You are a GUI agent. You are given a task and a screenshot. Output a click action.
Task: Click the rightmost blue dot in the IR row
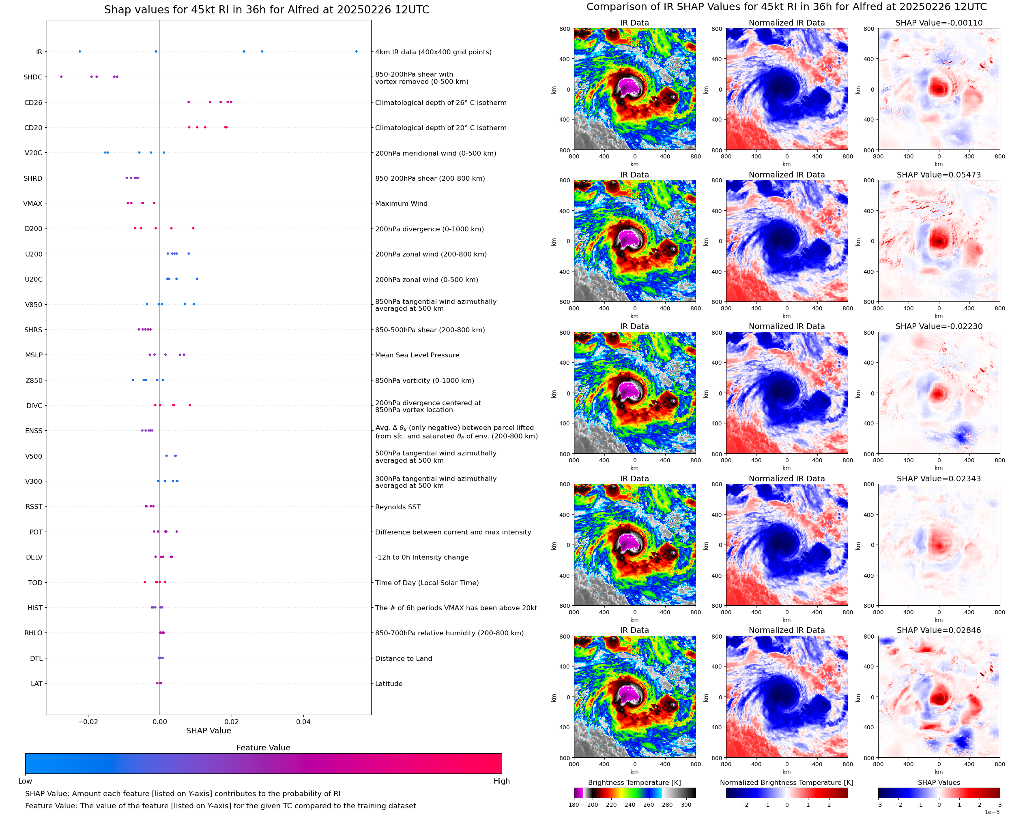point(356,51)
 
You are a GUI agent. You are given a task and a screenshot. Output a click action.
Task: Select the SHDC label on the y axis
point(33,77)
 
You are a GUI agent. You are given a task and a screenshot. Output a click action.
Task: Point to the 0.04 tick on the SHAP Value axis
point(303,722)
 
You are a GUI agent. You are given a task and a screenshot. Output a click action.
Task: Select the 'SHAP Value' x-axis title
point(208,731)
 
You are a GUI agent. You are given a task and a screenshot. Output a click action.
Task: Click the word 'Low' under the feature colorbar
point(25,781)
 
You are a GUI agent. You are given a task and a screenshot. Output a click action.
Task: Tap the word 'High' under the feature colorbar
point(501,781)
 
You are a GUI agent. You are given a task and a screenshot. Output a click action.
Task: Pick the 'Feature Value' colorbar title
point(263,748)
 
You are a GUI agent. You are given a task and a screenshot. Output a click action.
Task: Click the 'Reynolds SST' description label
point(398,507)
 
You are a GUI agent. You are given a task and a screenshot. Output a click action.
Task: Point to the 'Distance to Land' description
point(403,658)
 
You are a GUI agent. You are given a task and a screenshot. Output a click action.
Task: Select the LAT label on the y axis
point(37,684)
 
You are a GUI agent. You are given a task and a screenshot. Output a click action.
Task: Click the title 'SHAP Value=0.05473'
point(939,175)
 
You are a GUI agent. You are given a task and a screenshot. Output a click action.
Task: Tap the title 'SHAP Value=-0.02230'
point(939,326)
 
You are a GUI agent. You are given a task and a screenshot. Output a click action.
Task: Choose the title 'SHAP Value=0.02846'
point(939,630)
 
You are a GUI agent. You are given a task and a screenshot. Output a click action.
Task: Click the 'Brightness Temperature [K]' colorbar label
point(634,782)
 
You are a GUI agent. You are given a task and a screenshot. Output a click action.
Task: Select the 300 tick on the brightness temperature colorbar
point(686,805)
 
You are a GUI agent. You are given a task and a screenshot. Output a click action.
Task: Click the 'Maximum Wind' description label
point(401,203)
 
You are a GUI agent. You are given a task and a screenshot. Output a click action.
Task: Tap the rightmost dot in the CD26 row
point(231,102)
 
